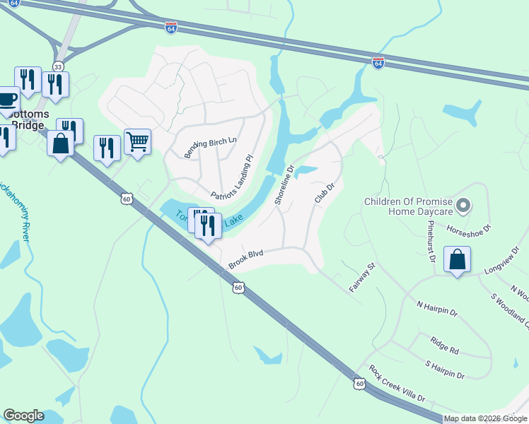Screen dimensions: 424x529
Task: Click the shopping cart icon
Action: pyautogui.click(x=137, y=141)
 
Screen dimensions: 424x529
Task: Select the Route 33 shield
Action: pyautogui.click(x=58, y=66)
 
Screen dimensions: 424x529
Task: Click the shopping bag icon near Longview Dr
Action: pyautogui.click(x=458, y=259)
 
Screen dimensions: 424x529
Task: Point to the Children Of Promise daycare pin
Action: pyautogui.click(x=463, y=206)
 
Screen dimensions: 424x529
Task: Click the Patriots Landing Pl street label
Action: pyautogui.click(x=231, y=177)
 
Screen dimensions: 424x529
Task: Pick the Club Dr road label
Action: pyautogui.click(x=324, y=192)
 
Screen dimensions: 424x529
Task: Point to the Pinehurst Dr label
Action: pyautogui.click(x=431, y=240)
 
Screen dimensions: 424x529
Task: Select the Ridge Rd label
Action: pyautogui.click(x=444, y=346)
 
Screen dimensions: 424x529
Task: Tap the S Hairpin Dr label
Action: pyautogui.click(x=444, y=370)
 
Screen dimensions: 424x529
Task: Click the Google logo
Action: pyautogui.click(x=23, y=416)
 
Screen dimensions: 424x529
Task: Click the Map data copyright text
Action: pyautogui.click(x=485, y=418)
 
